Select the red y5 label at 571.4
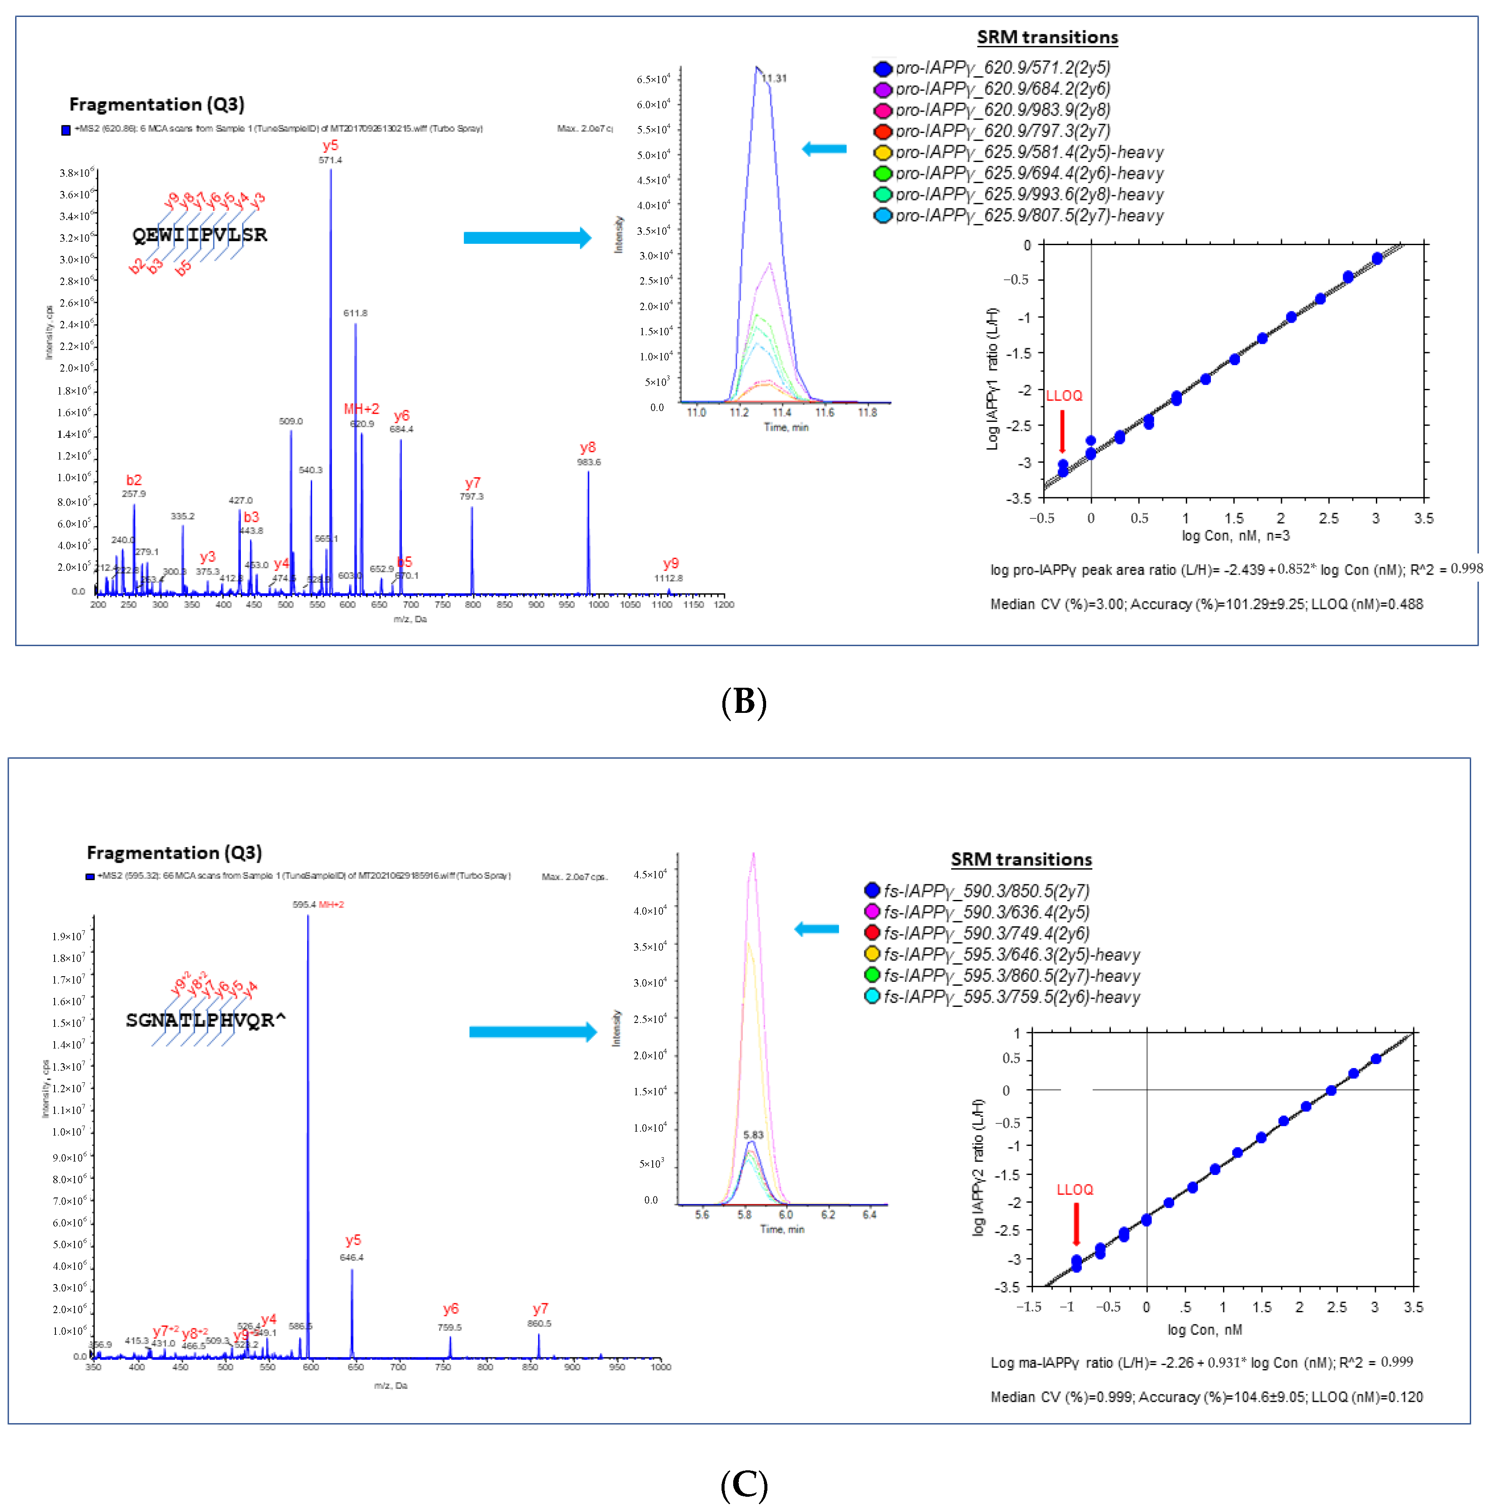[x=330, y=146]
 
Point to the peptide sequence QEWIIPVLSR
[x=200, y=235]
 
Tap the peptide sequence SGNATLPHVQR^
[x=205, y=1020]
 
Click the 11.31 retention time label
[x=774, y=78]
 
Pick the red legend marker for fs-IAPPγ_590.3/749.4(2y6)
[x=872, y=933]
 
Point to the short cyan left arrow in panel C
[x=817, y=929]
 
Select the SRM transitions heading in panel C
[x=1021, y=859]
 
